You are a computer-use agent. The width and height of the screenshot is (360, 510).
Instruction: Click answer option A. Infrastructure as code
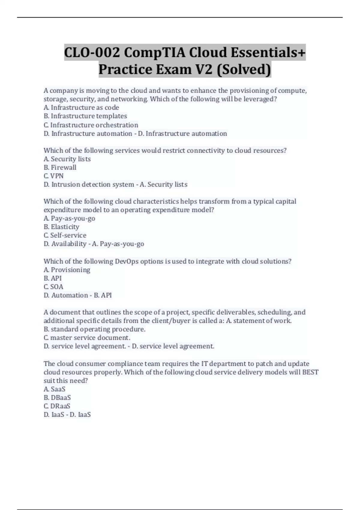point(81,107)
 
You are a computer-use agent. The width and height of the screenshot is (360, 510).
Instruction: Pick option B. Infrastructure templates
point(85,116)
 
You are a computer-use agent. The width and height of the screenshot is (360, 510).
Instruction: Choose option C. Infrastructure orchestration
point(91,125)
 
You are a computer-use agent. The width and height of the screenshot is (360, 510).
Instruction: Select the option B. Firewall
point(60,167)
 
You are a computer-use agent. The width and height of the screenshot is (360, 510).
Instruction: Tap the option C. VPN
point(54,176)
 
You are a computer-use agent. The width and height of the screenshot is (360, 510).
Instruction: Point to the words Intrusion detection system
point(93,184)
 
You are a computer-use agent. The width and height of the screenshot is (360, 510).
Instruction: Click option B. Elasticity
point(61,227)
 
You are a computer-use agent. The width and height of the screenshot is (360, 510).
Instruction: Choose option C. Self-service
point(65,235)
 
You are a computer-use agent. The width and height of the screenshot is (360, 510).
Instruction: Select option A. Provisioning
point(67,270)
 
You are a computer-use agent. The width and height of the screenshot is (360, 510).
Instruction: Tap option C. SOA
point(53,286)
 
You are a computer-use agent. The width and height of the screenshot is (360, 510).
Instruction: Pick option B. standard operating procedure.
point(94,329)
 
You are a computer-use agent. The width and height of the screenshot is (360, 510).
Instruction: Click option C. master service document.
point(87,337)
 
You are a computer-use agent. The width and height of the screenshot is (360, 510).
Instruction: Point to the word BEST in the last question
point(310,372)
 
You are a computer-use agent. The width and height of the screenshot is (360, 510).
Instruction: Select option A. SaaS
point(54,389)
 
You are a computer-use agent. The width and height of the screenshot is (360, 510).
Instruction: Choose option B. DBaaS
point(57,397)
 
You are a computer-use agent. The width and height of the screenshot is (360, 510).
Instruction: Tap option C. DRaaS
point(57,406)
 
